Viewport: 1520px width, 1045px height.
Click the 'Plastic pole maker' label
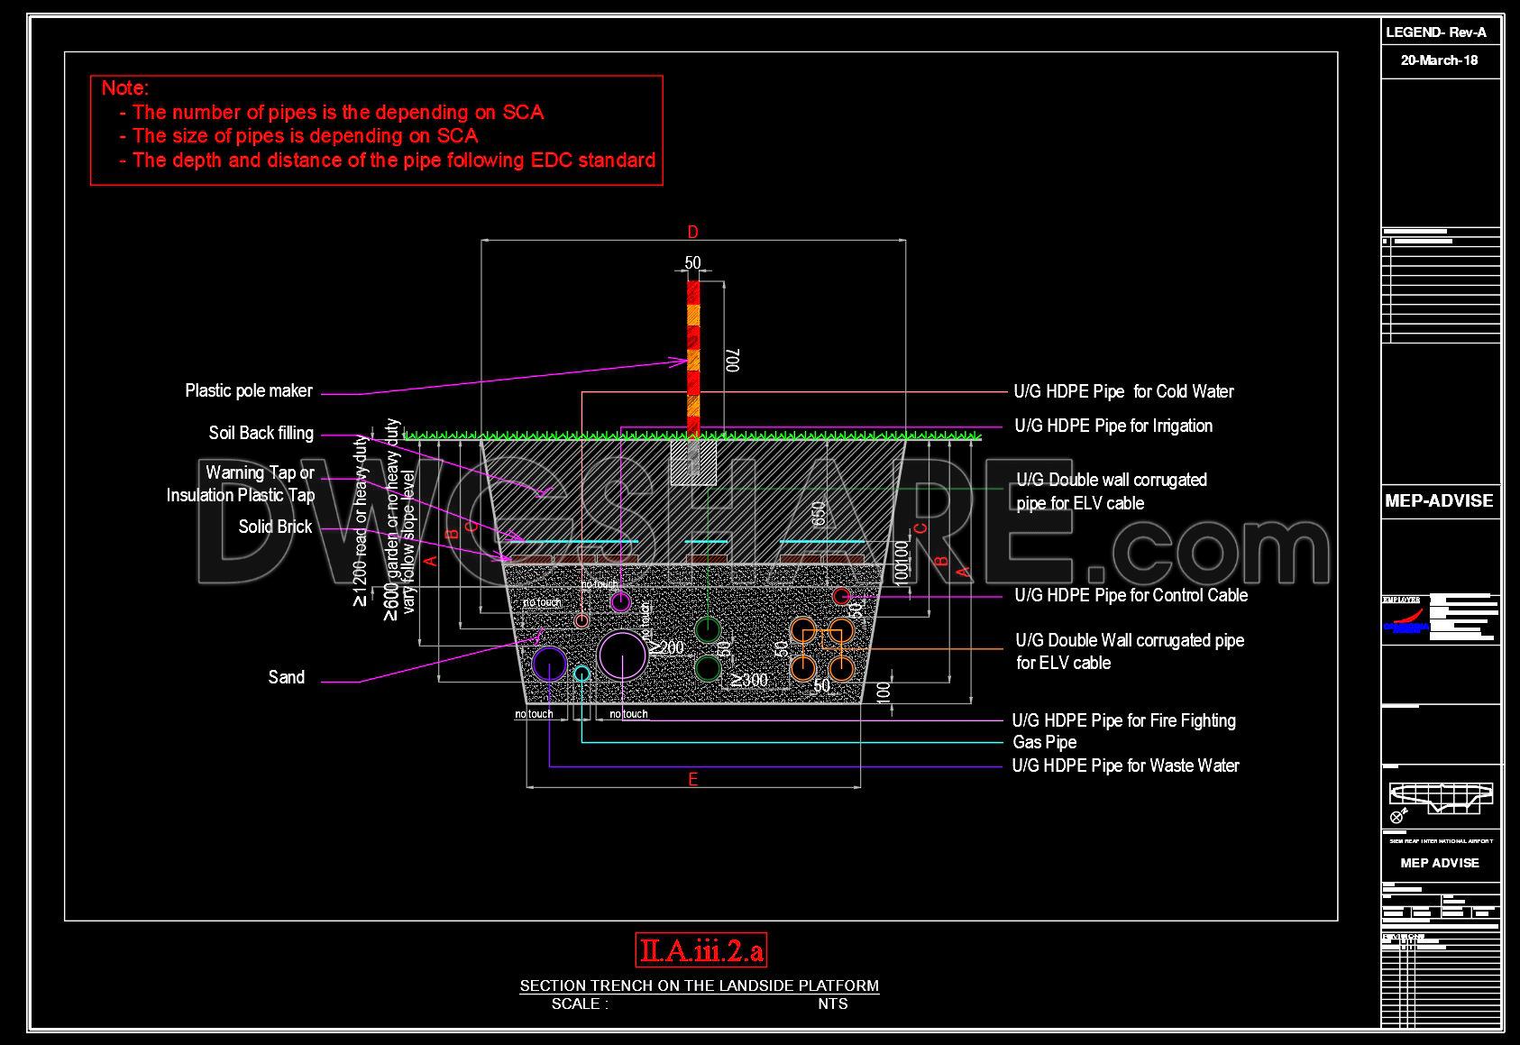[249, 390]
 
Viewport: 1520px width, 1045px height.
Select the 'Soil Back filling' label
[261, 433]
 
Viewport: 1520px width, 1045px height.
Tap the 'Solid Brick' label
[275, 527]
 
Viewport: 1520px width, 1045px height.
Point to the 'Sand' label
[286, 677]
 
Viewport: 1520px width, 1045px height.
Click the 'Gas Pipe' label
[1044, 742]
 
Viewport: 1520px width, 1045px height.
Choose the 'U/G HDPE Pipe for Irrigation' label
[1113, 426]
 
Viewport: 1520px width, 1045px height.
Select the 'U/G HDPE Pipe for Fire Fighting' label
[1123, 720]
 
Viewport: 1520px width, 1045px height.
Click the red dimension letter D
[692, 233]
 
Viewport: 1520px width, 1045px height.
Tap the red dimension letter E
[692, 779]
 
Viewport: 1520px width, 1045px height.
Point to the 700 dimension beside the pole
[733, 361]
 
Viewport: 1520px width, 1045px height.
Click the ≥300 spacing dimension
[749, 680]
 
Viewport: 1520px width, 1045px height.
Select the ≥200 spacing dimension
[667, 647]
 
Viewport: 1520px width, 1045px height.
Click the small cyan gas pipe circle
[582, 674]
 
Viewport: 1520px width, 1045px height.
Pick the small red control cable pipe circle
[841, 596]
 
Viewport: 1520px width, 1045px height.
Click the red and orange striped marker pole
[693, 357]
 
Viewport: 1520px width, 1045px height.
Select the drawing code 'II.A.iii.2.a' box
[700, 950]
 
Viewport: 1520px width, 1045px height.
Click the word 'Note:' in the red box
[124, 88]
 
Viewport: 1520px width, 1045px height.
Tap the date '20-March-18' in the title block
[1439, 61]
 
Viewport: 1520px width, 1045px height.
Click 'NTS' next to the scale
[833, 1004]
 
